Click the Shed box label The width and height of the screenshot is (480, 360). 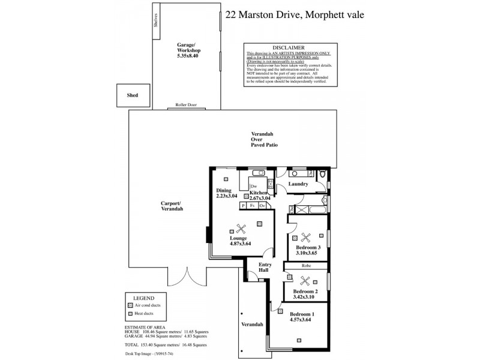tap(132, 95)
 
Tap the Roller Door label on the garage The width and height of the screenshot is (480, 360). tap(185, 104)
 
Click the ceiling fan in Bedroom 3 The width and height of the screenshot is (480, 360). tap(306, 237)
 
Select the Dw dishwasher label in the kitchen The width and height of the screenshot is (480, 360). tap(254, 187)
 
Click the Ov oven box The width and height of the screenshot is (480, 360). tap(262, 206)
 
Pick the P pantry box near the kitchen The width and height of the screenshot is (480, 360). tap(243, 206)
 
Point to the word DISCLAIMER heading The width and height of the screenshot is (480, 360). tap(289, 47)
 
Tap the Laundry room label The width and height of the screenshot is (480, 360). tap(298, 184)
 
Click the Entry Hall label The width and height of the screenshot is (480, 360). tap(265, 268)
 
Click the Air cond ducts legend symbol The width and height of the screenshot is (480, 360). tap(130, 305)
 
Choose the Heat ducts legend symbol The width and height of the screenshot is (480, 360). tap(130, 313)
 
